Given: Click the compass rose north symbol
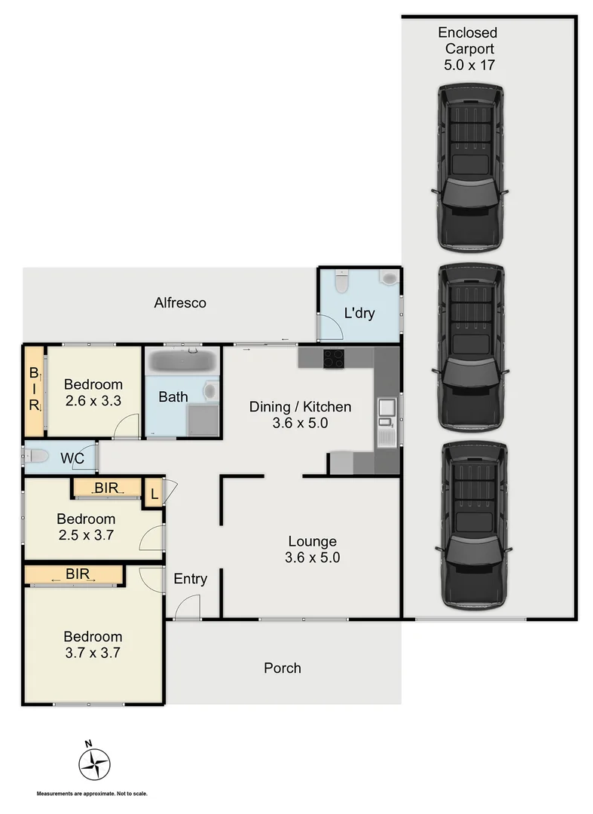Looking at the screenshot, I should coord(94,763).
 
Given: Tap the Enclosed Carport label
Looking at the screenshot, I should coord(468,49).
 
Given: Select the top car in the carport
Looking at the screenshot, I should coord(470,167).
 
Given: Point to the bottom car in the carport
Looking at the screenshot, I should coord(473,525).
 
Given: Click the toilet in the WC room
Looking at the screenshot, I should coord(36,455).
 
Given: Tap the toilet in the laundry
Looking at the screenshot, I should coord(341,281).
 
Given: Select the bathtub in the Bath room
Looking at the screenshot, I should coord(182,361).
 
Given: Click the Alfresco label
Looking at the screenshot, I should coord(180,303).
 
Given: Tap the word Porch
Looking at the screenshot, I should coord(283,668).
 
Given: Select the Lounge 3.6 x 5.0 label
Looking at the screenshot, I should coord(311,549).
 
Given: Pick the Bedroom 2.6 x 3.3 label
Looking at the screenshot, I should coord(93,391).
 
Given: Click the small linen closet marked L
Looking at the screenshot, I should coord(154,494).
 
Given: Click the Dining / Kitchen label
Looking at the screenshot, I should coord(301,415).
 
